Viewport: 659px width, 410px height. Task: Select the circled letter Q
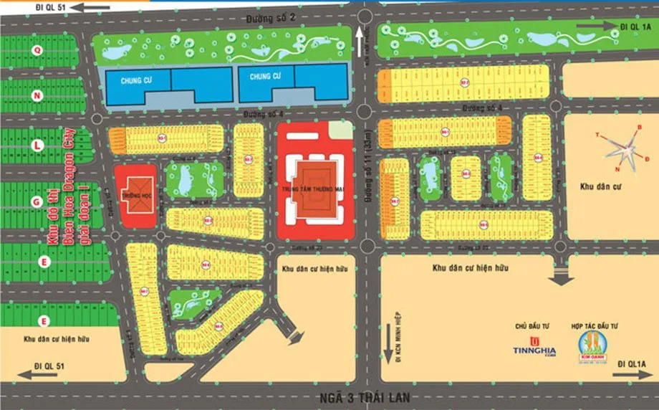point(37,49)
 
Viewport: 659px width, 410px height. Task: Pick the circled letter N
point(37,95)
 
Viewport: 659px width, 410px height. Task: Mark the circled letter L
point(37,146)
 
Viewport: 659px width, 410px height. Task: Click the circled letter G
point(37,203)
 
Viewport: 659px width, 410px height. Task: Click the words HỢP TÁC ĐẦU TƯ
point(595,326)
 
